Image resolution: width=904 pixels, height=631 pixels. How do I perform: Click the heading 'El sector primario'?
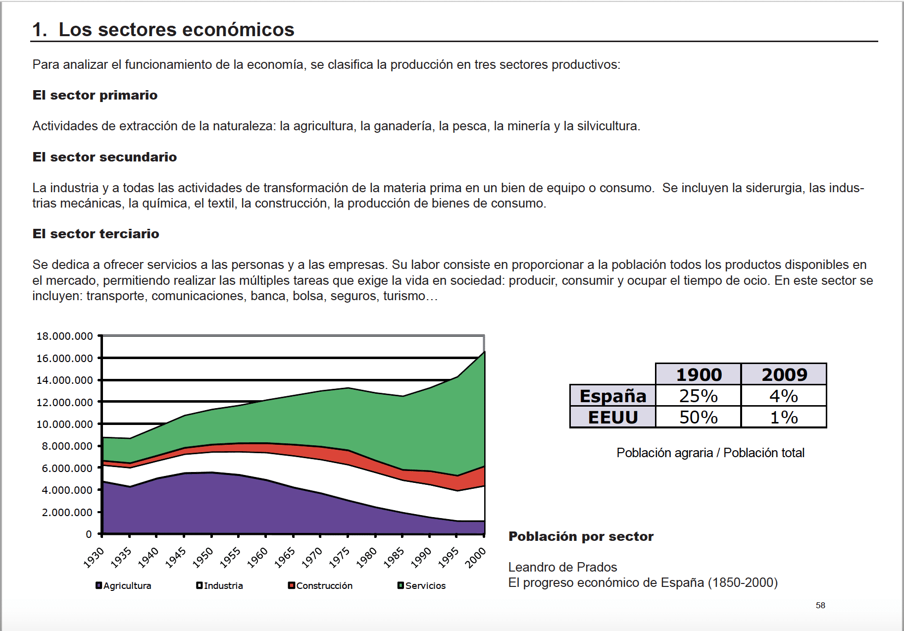(95, 95)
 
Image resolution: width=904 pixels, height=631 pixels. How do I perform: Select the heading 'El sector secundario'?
(104, 157)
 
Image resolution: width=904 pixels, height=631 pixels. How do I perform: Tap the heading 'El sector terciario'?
(96, 234)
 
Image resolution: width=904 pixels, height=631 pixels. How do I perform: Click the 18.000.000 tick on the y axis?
(65, 336)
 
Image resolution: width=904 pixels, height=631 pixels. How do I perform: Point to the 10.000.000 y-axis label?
(65, 424)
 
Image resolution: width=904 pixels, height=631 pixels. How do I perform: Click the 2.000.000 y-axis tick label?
(67, 512)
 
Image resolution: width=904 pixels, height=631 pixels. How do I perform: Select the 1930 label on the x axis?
(94, 557)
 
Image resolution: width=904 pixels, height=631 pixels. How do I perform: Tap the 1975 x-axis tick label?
(340, 557)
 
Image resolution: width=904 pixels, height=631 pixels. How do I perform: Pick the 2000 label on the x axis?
(476, 557)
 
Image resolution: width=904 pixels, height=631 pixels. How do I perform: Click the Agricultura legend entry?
(124, 585)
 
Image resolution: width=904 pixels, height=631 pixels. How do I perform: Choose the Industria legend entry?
(220, 585)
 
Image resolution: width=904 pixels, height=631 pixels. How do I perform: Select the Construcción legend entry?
(320, 585)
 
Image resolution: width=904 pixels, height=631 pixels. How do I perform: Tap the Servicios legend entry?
(422, 585)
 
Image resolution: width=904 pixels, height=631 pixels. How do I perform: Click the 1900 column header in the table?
(699, 374)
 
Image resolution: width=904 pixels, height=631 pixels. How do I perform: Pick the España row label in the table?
(613, 396)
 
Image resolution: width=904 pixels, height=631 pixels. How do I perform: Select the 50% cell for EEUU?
(698, 417)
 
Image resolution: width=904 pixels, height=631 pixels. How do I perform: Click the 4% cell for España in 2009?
(784, 396)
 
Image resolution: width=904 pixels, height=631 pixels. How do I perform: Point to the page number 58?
(820, 605)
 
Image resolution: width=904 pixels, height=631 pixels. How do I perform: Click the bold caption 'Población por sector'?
(581, 536)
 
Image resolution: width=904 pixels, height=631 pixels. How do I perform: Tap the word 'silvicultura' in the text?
(608, 126)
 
